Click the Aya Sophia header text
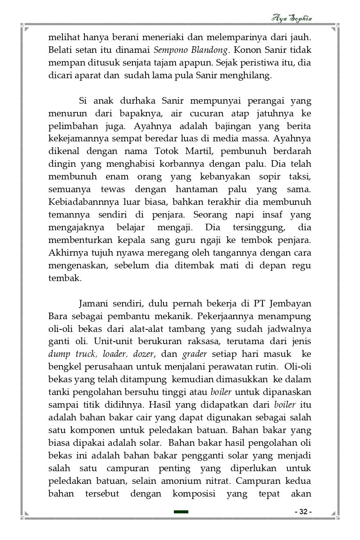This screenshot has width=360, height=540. pos(292,18)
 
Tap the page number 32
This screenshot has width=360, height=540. pos(303,512)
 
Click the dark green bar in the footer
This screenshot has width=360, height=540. pos(181,512)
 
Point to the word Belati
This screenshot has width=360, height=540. pos(61,51)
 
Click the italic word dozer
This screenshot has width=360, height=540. pos(143,354)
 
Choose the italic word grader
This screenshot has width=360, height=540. pos(195,354)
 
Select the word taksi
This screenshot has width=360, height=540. pos(298,177)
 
